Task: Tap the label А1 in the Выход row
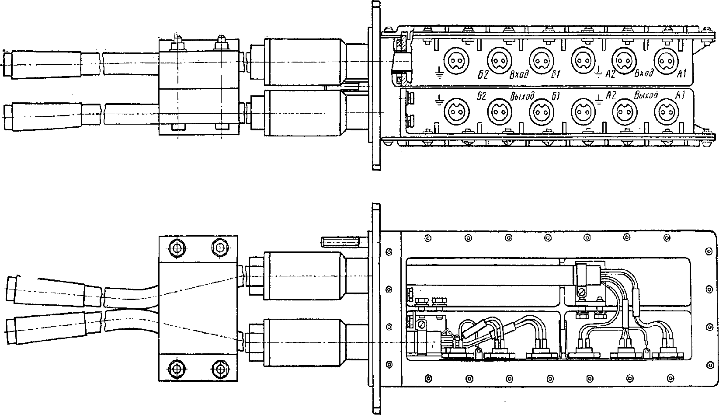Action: (x=680, y=95)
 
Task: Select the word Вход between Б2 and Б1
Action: (x=519, y=75)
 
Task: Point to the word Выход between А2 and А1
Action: (x=646, y=95)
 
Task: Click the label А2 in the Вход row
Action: (x=610, y=74)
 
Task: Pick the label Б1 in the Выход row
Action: (x=556, y=96)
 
